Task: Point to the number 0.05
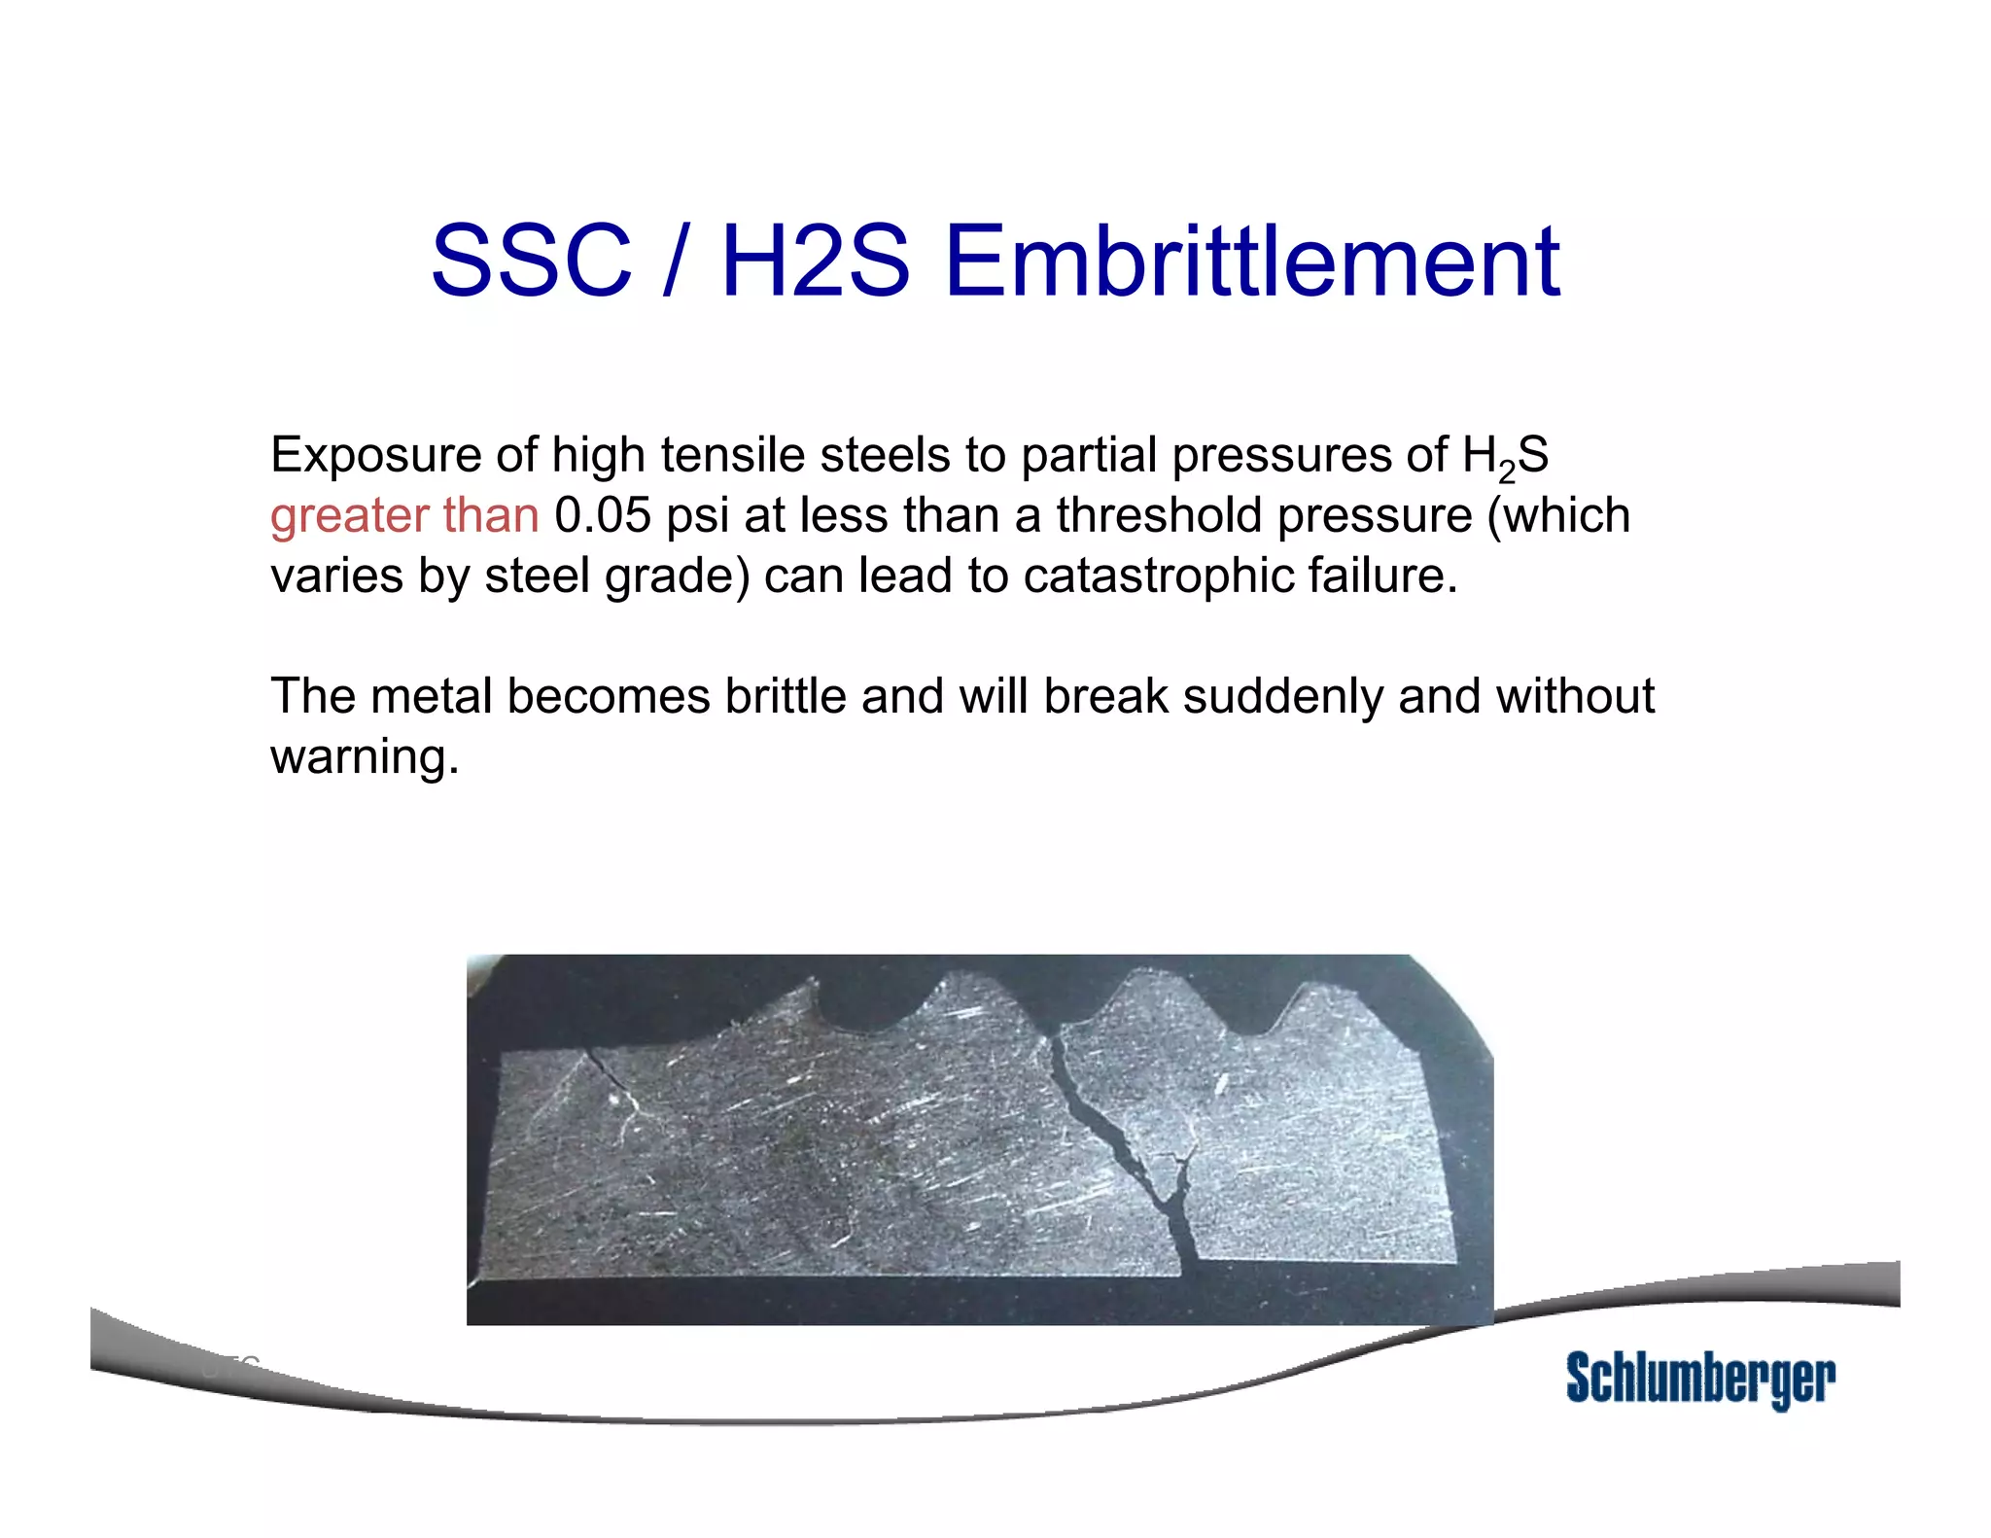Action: pyautogui.click(x=602, y=515)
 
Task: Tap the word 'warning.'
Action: pyautogui.click(x=365, y=756)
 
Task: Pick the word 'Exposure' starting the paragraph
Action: pyautogui.click(x=376, y=456)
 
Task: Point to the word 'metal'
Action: pyautogui.click(x=431, y=696)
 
